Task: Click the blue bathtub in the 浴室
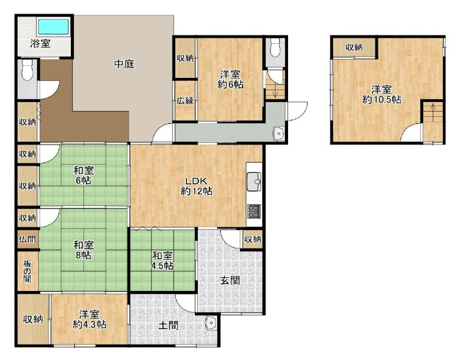click(x=54, y=27)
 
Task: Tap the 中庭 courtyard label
click(x=124, y=64)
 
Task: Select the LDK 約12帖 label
click(x=196, y=186)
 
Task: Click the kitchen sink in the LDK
click(x=254, y=182)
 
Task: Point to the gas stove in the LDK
click(x=254, y=211)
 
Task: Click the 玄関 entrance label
click(x=230, y=280)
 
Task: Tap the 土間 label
click(x=168, y=325)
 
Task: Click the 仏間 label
click(x=27, y=239)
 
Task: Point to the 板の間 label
click(x=27, y=271)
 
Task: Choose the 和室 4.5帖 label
click(x=162, y=261)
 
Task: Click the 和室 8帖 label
click(x=83, y=250)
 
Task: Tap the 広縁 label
click(x=185, y=101)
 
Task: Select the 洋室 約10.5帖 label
click(x=381, y=94)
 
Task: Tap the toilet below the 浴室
click(x=27, y=70)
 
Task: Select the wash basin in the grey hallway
click(x=278, y=134)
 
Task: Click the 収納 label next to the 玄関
click(x=253, y=240)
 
